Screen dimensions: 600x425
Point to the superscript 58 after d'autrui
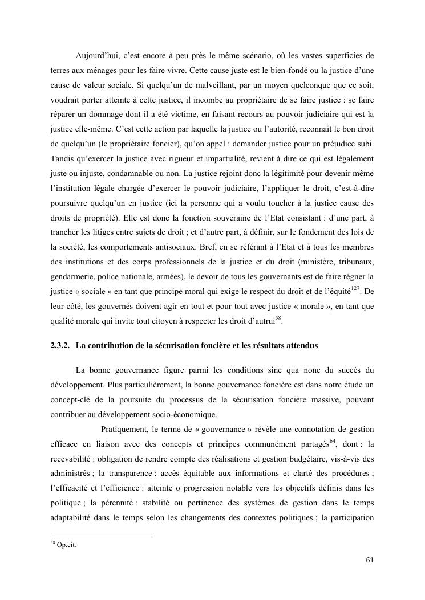[x=278, y=319]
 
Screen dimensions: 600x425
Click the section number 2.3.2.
[x=60, y=346]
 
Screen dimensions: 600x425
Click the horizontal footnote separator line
[x=102, y=536]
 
